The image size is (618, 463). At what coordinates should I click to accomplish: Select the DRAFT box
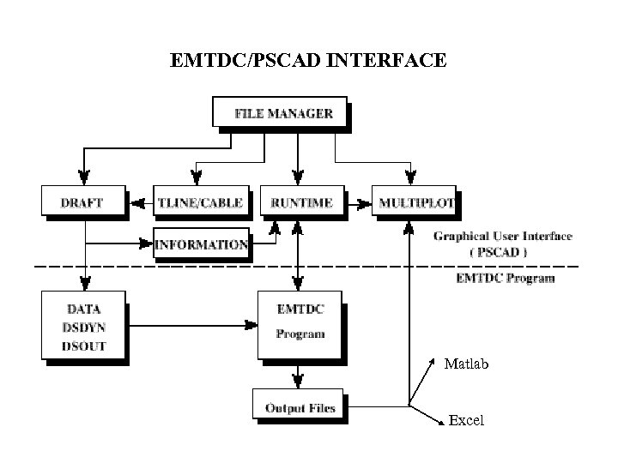[x=82, y=203]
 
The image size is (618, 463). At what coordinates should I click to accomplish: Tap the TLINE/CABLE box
[x=201, y=203]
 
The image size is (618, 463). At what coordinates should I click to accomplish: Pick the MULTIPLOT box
[x=415, y=203]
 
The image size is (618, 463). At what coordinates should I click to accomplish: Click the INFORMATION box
[x=202, y=244]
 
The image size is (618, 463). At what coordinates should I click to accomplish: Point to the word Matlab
[x=466, y=364]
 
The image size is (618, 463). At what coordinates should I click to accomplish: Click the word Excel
[x=466, y=420]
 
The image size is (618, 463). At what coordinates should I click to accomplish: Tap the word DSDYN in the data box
[x=84, y=326]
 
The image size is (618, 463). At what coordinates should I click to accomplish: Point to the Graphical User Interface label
[x=502, y=236]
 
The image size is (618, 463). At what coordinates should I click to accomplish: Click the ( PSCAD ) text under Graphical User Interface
[x=499, y=252]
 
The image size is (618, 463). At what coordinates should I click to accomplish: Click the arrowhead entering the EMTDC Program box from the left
[x=251, y=325]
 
